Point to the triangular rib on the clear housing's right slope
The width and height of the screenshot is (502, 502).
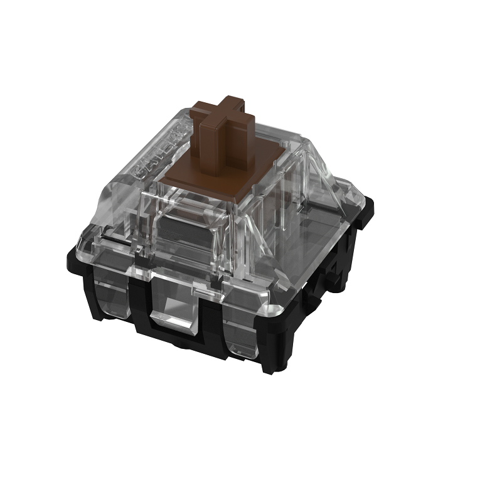point(326,182)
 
